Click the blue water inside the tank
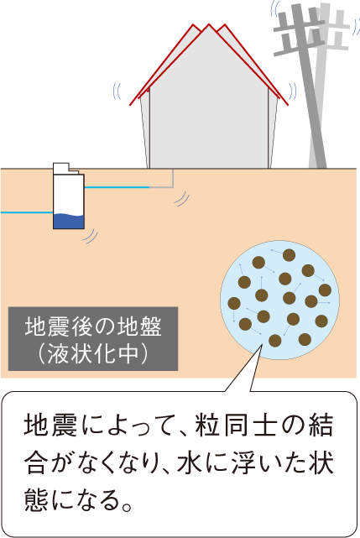click(x=69, y=222)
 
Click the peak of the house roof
click(x=209, y=24)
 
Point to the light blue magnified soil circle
click(x=279, y=300)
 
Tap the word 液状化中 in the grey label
click(x=93, y=353)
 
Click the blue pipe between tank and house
click(x=117, y=187)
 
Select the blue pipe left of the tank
click(x=27, y=212)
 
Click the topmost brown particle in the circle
click(x=289, y=255)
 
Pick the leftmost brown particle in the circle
click(x=234, y=303)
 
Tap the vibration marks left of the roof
click(x=117, y=91)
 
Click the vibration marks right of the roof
click(x=293, y=91)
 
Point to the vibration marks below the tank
click(x=91, y=236)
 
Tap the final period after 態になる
click(x=127, y=507)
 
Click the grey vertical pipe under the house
click(x=173, y=178)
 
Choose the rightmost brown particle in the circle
click(x=325, y=290)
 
